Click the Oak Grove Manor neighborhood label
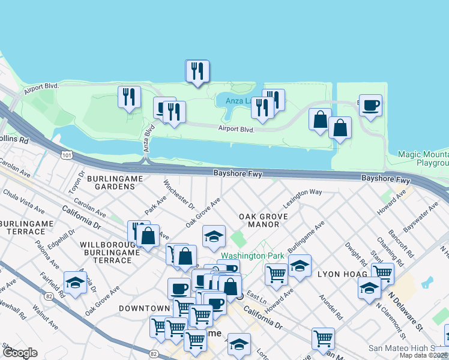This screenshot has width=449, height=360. (x=263, y=220)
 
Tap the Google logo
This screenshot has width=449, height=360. (x=20, y=353)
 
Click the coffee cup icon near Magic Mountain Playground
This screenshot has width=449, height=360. (x=370, y=106)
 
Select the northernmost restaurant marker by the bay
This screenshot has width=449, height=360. (x=197, y=71)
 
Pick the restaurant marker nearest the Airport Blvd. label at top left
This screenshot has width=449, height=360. (x=129, y=97)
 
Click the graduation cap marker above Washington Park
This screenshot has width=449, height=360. (x=213, y=236)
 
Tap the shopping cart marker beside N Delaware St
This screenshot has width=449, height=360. (x=382, y=274)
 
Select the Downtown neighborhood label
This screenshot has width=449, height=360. (x=145, y=308)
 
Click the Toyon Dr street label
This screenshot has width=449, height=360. (x=76, y=181)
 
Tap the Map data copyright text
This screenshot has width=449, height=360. (x=423, y=355)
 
